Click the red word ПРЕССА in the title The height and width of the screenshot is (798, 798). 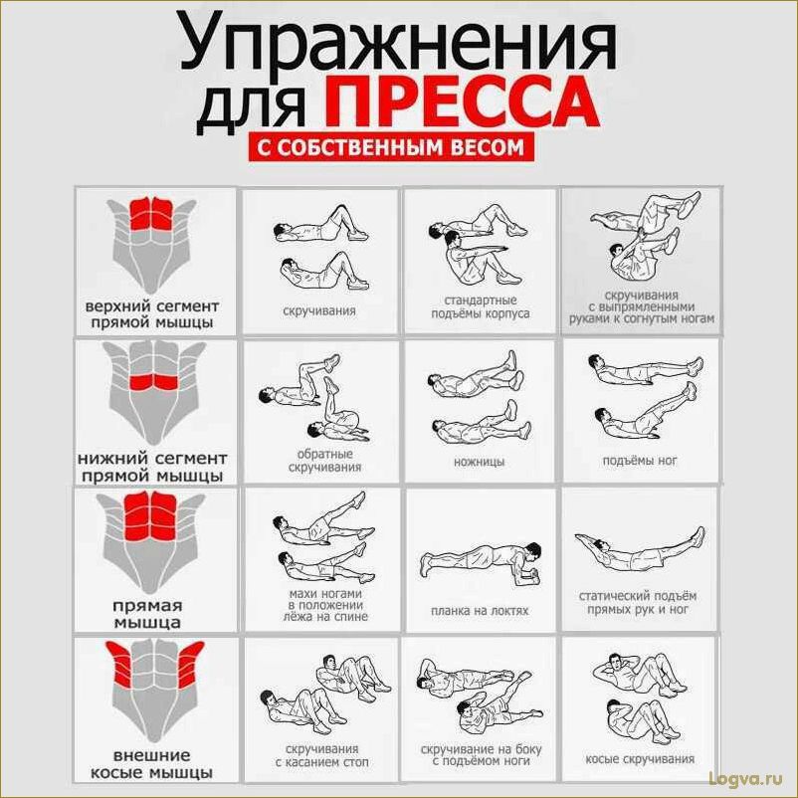(461, 103)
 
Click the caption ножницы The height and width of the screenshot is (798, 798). (479, 462)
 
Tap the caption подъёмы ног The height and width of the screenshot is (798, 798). (639, 461)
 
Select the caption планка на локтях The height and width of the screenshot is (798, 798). (479, 610)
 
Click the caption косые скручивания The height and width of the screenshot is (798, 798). (640, 759)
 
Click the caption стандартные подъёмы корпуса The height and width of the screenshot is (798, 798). (479, 306)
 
